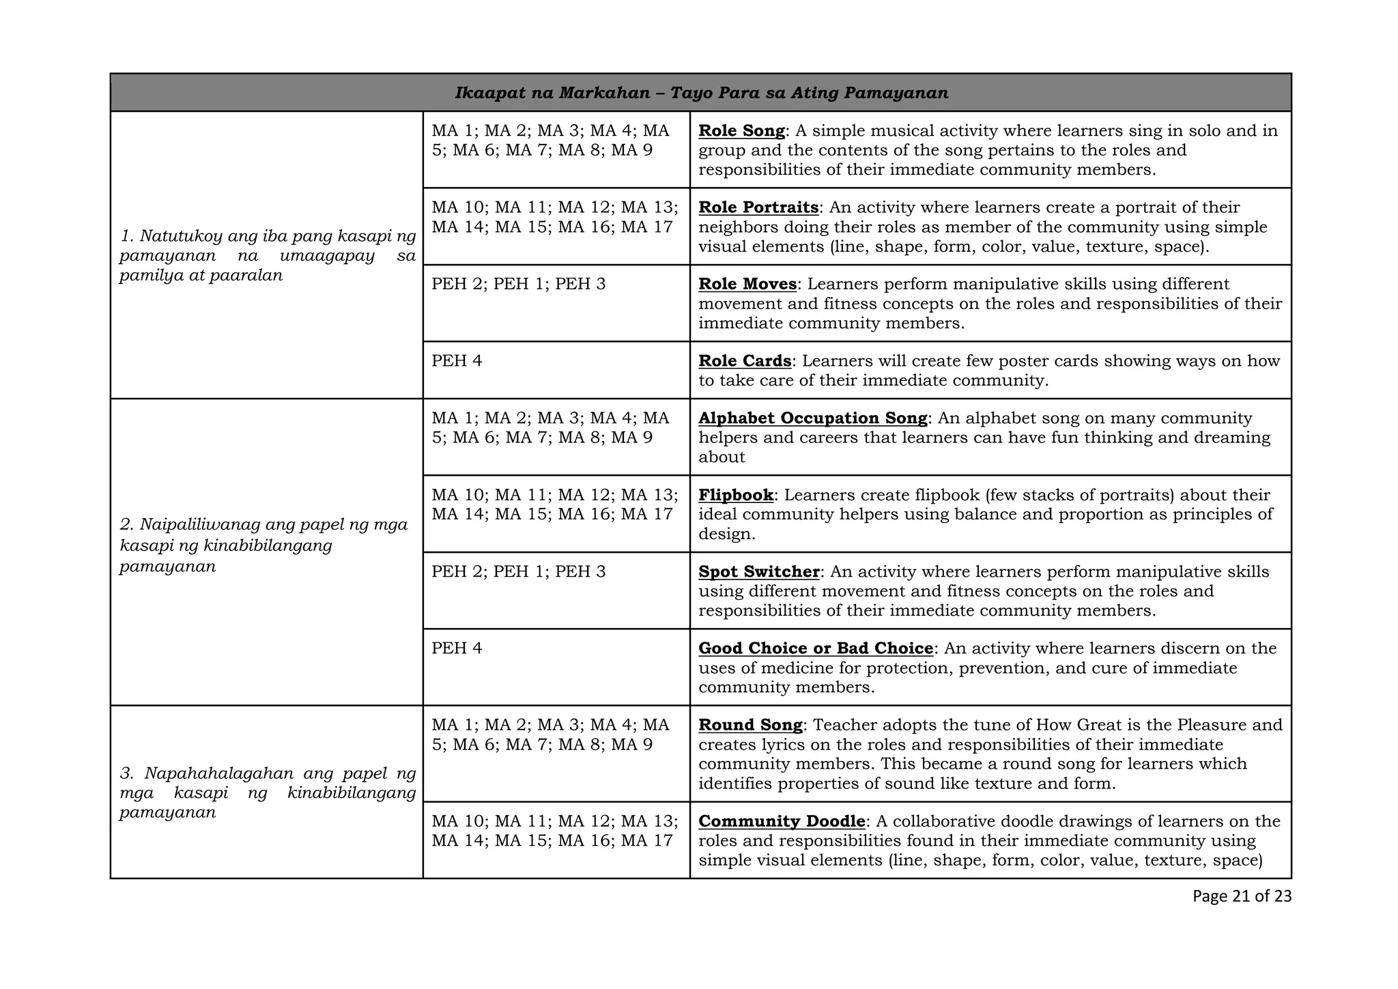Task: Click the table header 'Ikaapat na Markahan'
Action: click(552, 93)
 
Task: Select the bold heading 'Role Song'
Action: click(741, 131)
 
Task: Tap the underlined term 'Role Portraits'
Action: click(758, 207)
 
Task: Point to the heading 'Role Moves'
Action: click(747, 284)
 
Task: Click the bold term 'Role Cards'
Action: click(745, 361)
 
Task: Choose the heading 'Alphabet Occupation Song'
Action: click(812, 418)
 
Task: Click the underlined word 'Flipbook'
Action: click(736, 495)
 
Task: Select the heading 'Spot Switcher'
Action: click(758, 572)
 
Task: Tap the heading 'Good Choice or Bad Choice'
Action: click(816, 648)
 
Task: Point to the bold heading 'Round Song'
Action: click(750, 725)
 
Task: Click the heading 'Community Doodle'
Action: click(782, 821)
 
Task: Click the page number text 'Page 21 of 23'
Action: click(1242, 896)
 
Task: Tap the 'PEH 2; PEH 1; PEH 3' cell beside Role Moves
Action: click(518, 284)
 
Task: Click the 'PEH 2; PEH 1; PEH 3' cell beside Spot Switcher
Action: click(518, 572)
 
